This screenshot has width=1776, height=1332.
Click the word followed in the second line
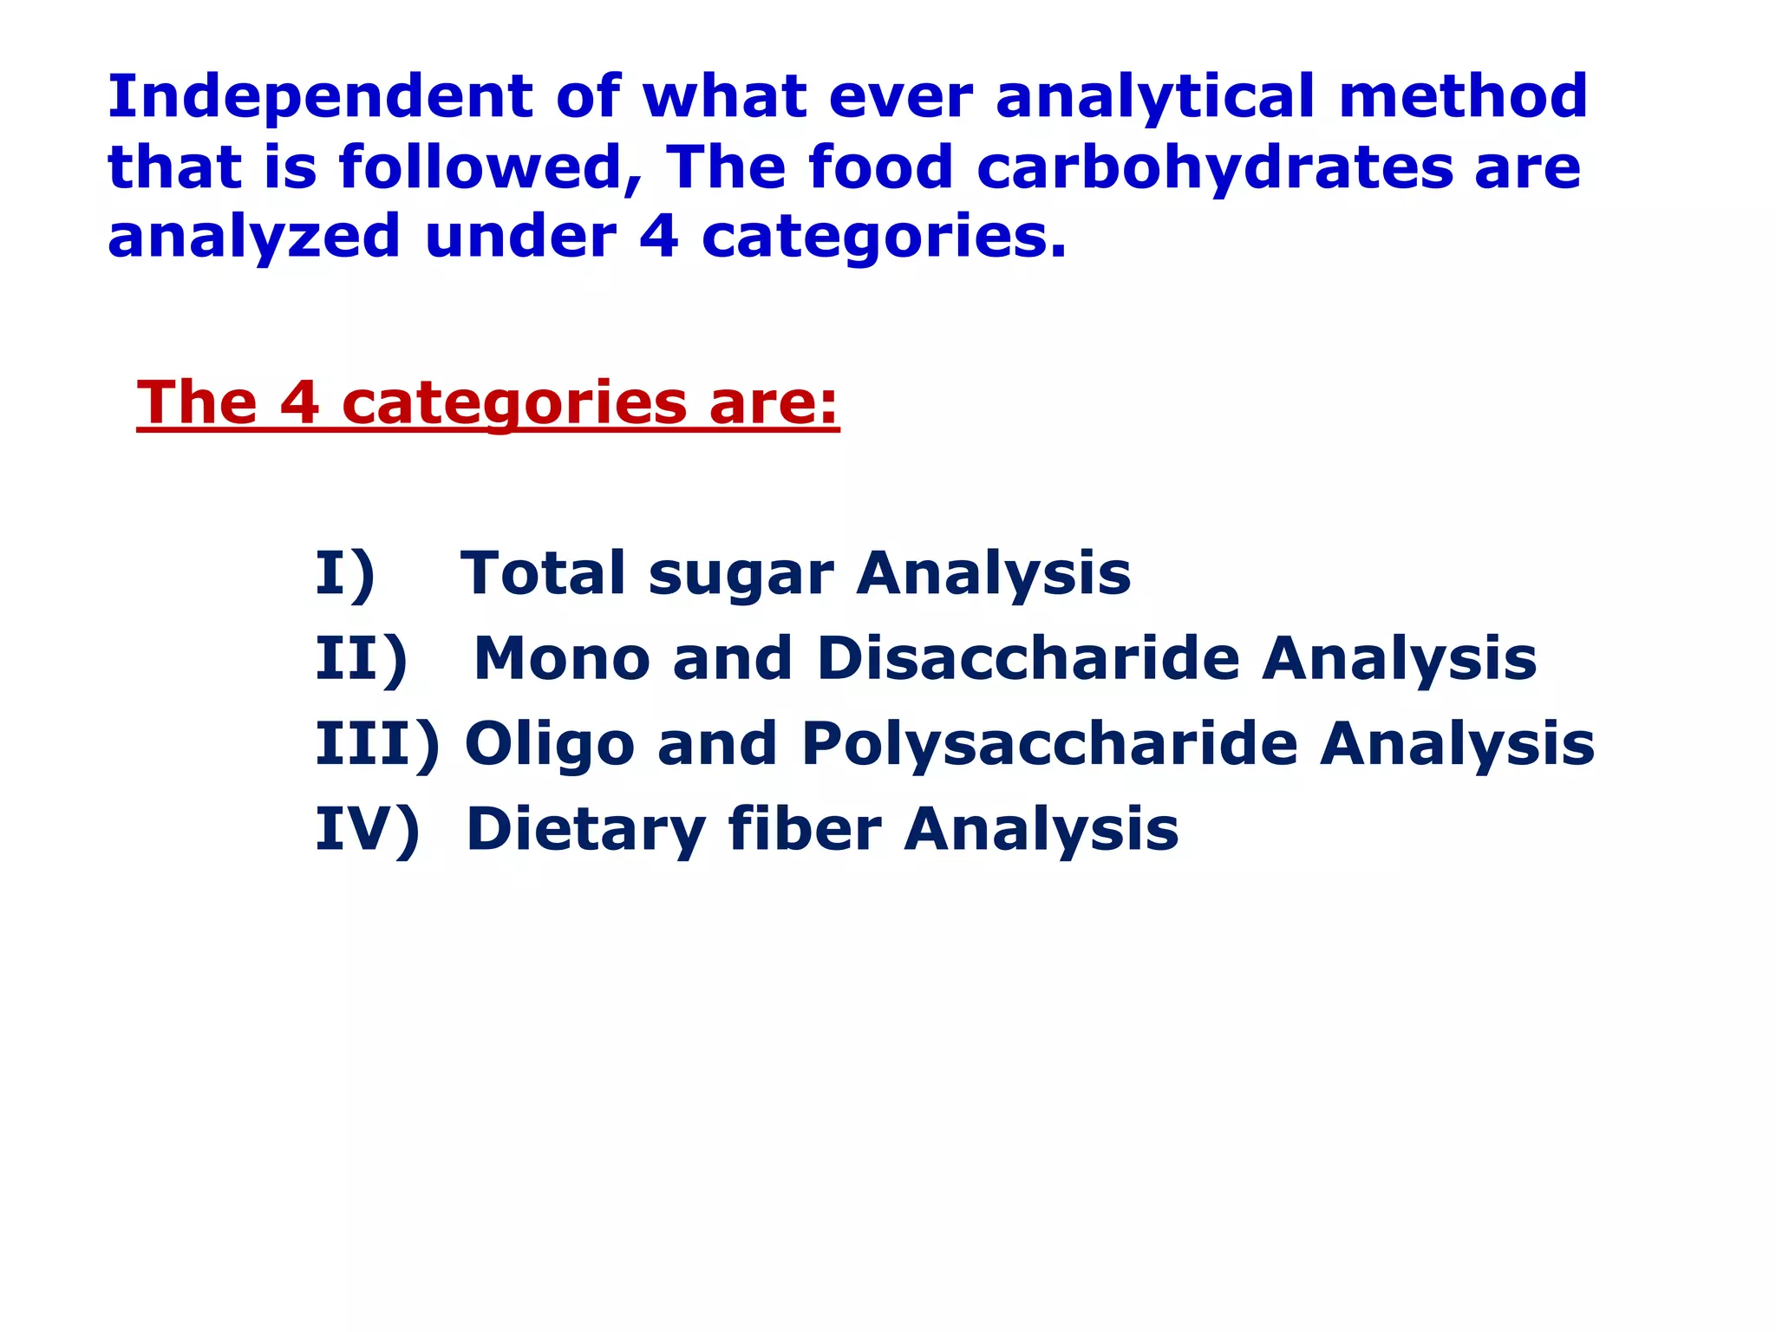point(490,166)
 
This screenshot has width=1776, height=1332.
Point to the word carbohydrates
point(1215,168)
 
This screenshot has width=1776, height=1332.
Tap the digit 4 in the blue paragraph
point(658,236)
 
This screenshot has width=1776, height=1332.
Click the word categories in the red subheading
point(514,404)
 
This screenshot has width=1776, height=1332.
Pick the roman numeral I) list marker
point(345,573)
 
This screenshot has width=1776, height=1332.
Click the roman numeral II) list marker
point(361,658)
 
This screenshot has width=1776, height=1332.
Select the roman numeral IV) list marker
point(367,829)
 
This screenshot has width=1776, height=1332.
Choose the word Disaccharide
point(1028,658)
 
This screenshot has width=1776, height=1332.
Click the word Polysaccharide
point(1049,745)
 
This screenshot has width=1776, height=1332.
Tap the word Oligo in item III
point(550,745)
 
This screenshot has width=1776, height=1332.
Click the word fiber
point(805,829)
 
